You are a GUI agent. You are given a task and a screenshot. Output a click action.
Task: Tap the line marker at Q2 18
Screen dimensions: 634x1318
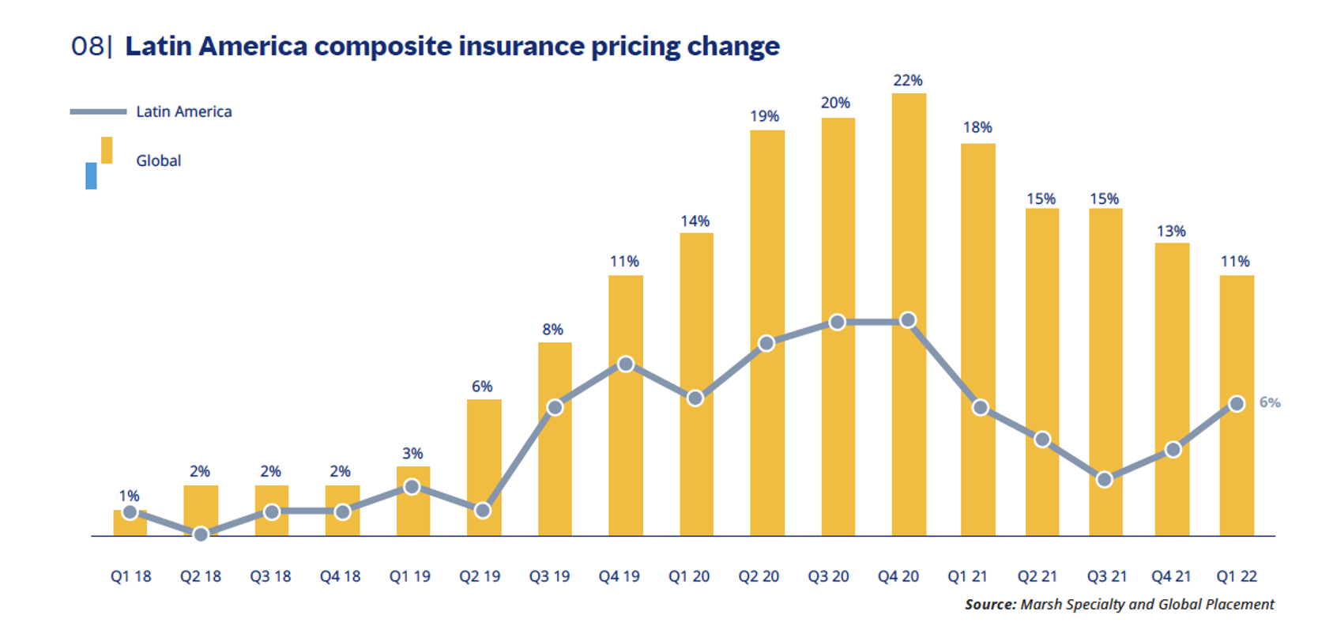pos(201,534)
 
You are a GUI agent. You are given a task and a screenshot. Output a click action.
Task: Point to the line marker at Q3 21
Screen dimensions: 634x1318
pos(1105,479)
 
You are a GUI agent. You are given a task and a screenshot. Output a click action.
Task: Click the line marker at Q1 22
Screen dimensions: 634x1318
pos(1237,404)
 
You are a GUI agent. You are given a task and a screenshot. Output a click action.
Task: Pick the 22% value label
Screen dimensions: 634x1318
pos(908,81)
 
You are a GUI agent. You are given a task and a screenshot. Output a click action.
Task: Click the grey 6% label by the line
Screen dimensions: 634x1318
pos(1270,402)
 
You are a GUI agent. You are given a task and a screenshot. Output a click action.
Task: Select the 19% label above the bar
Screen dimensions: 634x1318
pos(764,116)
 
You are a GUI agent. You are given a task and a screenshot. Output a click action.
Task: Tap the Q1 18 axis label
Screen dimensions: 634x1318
pos(130,576)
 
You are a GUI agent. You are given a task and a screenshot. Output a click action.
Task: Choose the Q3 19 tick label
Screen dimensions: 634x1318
pos(549,576)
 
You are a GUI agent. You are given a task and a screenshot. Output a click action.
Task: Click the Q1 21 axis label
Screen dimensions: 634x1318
pos(968,576)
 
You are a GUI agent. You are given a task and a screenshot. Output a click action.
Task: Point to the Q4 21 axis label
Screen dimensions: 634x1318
pos(1172,576)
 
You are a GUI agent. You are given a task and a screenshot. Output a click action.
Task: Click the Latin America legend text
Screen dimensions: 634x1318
pos(183,111)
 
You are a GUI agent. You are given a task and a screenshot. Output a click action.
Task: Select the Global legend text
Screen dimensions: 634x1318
pos(158,160)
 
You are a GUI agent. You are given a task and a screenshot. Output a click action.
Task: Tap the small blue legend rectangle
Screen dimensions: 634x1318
pos(91,175)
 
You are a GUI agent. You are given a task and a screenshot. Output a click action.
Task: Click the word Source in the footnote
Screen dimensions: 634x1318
pos(990,605)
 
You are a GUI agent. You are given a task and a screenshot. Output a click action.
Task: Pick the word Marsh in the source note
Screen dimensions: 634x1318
pos(1041,605)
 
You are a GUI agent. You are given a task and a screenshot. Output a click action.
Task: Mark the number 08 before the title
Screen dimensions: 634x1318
pos(87,46)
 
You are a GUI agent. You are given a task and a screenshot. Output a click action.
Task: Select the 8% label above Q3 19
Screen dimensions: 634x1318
pos(552,330)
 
